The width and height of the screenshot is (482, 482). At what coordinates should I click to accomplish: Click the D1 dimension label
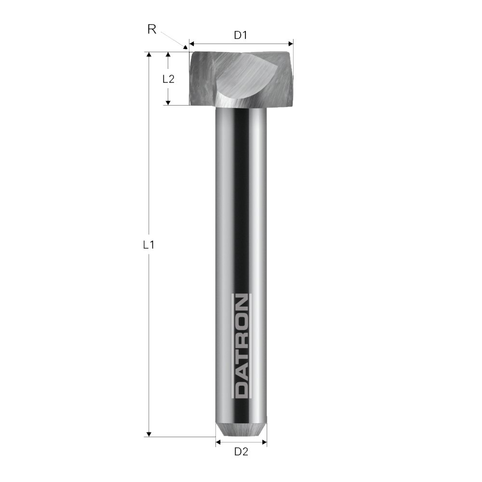point(241,35)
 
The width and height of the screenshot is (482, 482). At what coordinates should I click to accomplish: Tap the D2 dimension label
point(241,452)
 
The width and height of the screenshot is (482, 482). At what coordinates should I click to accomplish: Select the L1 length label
point(149,244)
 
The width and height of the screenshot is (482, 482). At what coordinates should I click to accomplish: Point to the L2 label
point(168,79)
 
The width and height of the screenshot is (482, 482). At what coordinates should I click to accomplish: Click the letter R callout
point(151,29)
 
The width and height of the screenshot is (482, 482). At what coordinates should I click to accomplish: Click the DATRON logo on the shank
point(241,346)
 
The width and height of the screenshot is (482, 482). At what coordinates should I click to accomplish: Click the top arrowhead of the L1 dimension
point(149,55)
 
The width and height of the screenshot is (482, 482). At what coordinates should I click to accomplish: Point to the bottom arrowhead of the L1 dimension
point(149,434)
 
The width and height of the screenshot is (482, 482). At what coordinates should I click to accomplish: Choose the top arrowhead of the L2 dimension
point(168,55)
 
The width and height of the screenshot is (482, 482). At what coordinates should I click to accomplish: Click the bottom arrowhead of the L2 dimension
point(168,102)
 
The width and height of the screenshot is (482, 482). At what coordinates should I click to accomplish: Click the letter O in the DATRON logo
point(241,320)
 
